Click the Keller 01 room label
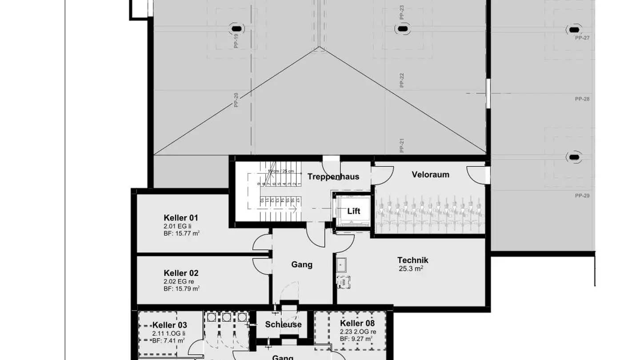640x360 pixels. tap(181, 218)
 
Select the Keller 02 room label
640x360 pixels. tap(181, 273)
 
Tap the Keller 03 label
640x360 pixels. tap(170, 325)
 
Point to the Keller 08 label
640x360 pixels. tap(357, 324)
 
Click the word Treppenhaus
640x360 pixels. tap(333, 176)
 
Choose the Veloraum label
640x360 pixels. tap(430, 175)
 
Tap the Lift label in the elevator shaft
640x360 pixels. tap(354, 211)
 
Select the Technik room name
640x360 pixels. tap(413, 260)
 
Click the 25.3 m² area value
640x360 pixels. tap(411, 268)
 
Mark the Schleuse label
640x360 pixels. tap(283, 324)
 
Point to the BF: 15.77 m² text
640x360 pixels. tap(181, 233)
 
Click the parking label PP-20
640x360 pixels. tap(236, 100)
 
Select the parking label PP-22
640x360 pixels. tap(402, 80)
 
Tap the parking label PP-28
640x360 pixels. tap(582, 99)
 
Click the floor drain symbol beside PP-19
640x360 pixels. tap(235, 27)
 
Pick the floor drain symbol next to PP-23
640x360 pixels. tap(402, 29)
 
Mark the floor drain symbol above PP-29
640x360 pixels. tap(574, 157)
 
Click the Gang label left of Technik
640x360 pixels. tap(302, 264)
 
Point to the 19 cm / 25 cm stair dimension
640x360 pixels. tap(280, 171)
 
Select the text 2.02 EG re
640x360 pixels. tap(179, 281)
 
